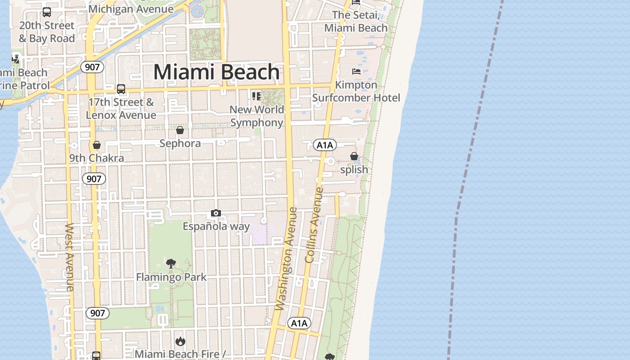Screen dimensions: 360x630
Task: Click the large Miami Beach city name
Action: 216,72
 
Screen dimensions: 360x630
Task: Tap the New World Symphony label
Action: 257,116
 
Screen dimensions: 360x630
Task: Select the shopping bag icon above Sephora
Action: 180,130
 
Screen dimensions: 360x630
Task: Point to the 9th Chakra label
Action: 96,158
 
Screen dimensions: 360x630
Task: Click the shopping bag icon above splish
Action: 354,156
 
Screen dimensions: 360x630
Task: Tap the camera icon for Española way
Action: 216,213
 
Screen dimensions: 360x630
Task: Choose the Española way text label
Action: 216,226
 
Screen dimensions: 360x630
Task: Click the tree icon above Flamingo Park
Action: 171,264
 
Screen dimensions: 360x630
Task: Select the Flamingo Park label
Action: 171,277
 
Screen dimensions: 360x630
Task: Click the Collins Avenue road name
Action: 314,225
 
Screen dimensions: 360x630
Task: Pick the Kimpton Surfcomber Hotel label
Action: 356,91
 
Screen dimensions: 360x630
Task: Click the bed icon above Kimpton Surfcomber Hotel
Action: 356,72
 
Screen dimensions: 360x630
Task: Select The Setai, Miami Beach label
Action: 355,22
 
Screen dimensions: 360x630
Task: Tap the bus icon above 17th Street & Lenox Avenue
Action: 121,89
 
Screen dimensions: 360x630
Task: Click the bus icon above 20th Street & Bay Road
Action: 47,12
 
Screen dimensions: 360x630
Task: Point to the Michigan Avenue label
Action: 131,9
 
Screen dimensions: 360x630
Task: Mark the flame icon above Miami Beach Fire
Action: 180,342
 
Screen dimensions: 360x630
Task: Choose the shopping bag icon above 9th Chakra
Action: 96,145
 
